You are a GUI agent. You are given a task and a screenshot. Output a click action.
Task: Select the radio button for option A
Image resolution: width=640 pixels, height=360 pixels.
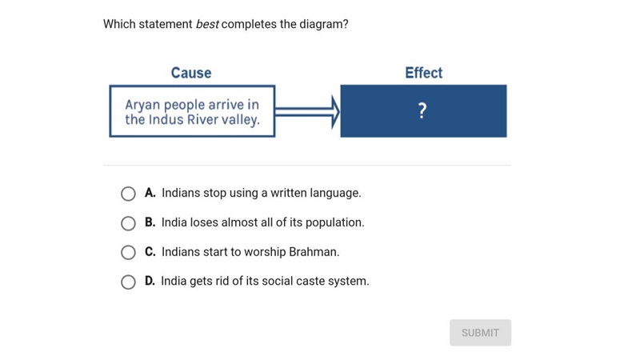click(128, 194)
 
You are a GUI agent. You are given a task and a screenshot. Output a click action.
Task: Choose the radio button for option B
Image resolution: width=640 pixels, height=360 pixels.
click(128, 223)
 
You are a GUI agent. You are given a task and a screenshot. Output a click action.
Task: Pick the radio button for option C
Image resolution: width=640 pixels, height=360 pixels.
click(128, 252)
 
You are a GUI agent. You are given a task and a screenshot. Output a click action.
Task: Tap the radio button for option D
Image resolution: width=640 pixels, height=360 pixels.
click(128, 282)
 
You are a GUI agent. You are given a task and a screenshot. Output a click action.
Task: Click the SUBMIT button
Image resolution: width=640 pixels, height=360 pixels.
click(481, 333)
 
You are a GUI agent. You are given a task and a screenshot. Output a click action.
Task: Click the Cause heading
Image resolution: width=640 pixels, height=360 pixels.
click(191, 73)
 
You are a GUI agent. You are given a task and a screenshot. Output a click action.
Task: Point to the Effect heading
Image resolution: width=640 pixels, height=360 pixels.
click(424, 73)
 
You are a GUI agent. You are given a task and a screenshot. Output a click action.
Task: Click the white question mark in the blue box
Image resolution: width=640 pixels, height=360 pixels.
click(422, 110)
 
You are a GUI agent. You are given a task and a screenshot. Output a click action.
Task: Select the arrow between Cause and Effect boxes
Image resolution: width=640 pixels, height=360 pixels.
click(307, 112)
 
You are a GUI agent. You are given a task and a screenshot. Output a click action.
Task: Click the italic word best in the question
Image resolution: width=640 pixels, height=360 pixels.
click(207, 24)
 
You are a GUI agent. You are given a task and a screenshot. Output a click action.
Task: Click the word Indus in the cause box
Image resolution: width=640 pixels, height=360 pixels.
click(166, 119)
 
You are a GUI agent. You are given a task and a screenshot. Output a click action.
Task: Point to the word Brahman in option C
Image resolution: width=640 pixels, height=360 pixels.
click(314, 252)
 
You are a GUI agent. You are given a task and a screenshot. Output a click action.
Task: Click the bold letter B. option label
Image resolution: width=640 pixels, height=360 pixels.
click(150, 222)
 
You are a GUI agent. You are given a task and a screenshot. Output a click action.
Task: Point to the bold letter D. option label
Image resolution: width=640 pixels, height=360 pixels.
click(150, 281)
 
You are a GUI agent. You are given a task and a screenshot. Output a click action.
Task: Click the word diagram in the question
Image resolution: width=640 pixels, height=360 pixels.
click(324, 25)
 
